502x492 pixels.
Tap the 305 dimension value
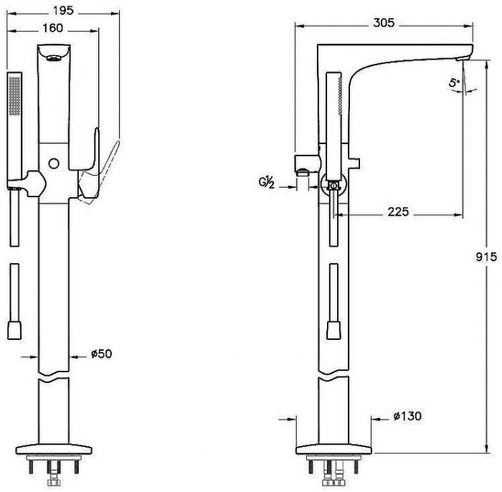pos(384,23)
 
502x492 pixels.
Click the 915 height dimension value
pos(488,256)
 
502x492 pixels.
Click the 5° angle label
pos(454,83)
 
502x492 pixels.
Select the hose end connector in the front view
pos(13,331)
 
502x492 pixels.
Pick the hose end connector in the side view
pos(333,331)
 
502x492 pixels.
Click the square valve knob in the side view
pos(333,185)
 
